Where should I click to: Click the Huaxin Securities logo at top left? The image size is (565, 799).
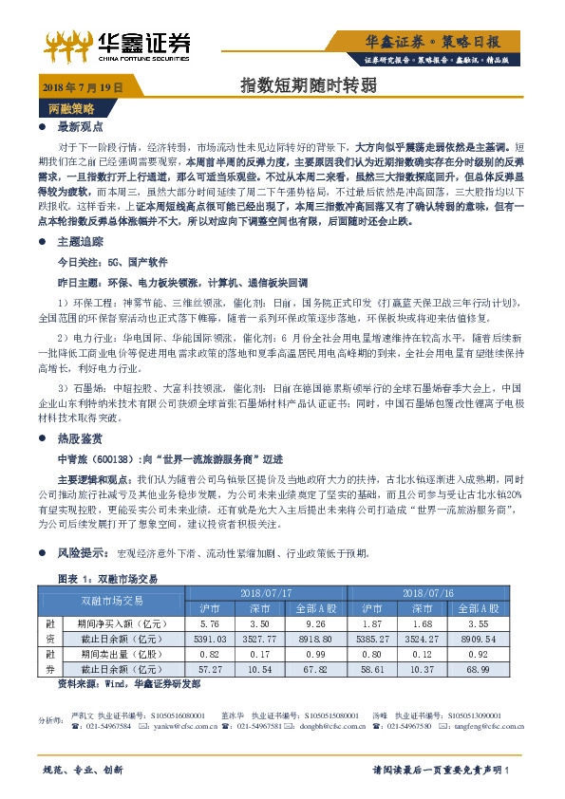click(120, 45)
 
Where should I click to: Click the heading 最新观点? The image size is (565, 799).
click(79, 126)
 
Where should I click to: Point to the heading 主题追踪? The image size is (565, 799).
click(79, 242)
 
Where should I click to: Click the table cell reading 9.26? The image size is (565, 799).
click(316, 623)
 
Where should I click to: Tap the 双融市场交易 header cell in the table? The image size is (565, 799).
click(112, 600)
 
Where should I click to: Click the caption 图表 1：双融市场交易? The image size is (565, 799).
click(115, 578)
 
